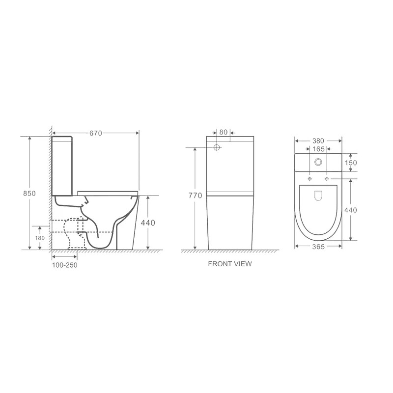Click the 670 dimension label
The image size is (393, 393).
click(96, 133)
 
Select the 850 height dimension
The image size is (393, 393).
click(29, 194)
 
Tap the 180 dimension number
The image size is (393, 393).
click(40, 238)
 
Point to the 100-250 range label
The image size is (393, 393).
click(65, 265)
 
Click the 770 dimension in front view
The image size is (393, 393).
click(195, 196)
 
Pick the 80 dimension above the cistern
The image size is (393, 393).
click(224, 132)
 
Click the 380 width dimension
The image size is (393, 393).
click(318, 141)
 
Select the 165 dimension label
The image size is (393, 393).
click(318, 149)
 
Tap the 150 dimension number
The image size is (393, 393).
click(351, 163)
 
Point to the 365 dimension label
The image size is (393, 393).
click(318, 247)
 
